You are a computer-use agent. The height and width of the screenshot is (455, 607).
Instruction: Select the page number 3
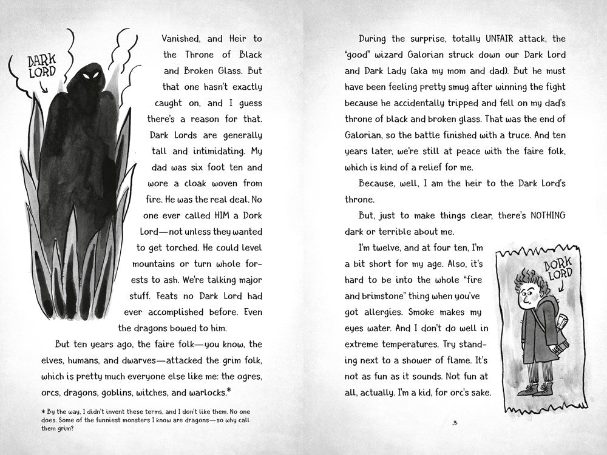coord(455,423)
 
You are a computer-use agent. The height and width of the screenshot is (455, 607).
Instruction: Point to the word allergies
coord(373,312)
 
